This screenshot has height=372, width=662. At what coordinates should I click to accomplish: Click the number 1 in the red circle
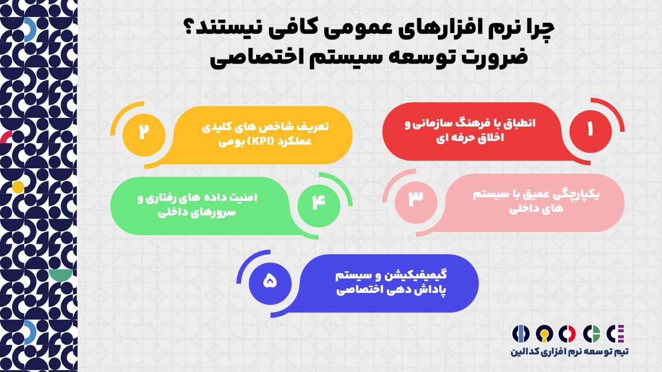[590, 129]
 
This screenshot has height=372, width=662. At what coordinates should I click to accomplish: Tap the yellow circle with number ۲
[144, 135]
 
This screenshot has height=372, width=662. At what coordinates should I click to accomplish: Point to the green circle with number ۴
[319, 206]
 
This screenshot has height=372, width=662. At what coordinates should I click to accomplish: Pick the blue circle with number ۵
[270, 284]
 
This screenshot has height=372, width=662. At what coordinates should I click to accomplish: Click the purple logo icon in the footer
[615, 333]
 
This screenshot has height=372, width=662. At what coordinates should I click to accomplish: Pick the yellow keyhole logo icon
[545, 334]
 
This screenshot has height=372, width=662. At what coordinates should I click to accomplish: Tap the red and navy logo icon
[567, 333]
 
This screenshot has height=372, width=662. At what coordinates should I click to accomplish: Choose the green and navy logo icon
[591, 333]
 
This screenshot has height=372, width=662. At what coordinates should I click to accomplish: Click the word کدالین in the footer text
[523, 352]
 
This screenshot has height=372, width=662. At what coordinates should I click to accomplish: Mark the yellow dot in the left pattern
[18, 187]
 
